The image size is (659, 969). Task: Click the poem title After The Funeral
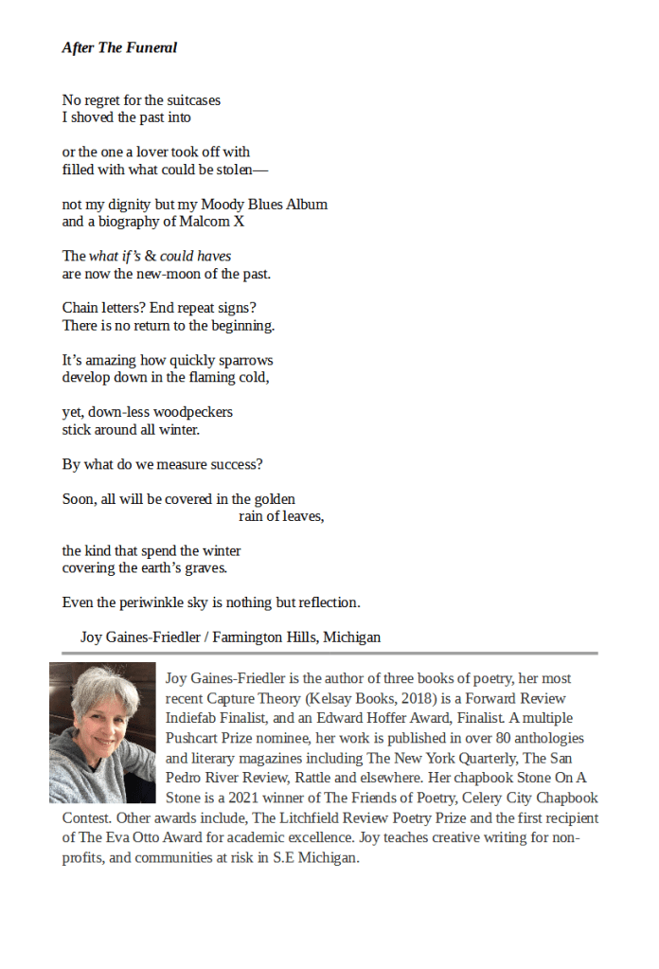(119, 47)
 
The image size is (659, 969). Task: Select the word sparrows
(244, 360)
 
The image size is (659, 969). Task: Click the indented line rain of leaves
(280, 516)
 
